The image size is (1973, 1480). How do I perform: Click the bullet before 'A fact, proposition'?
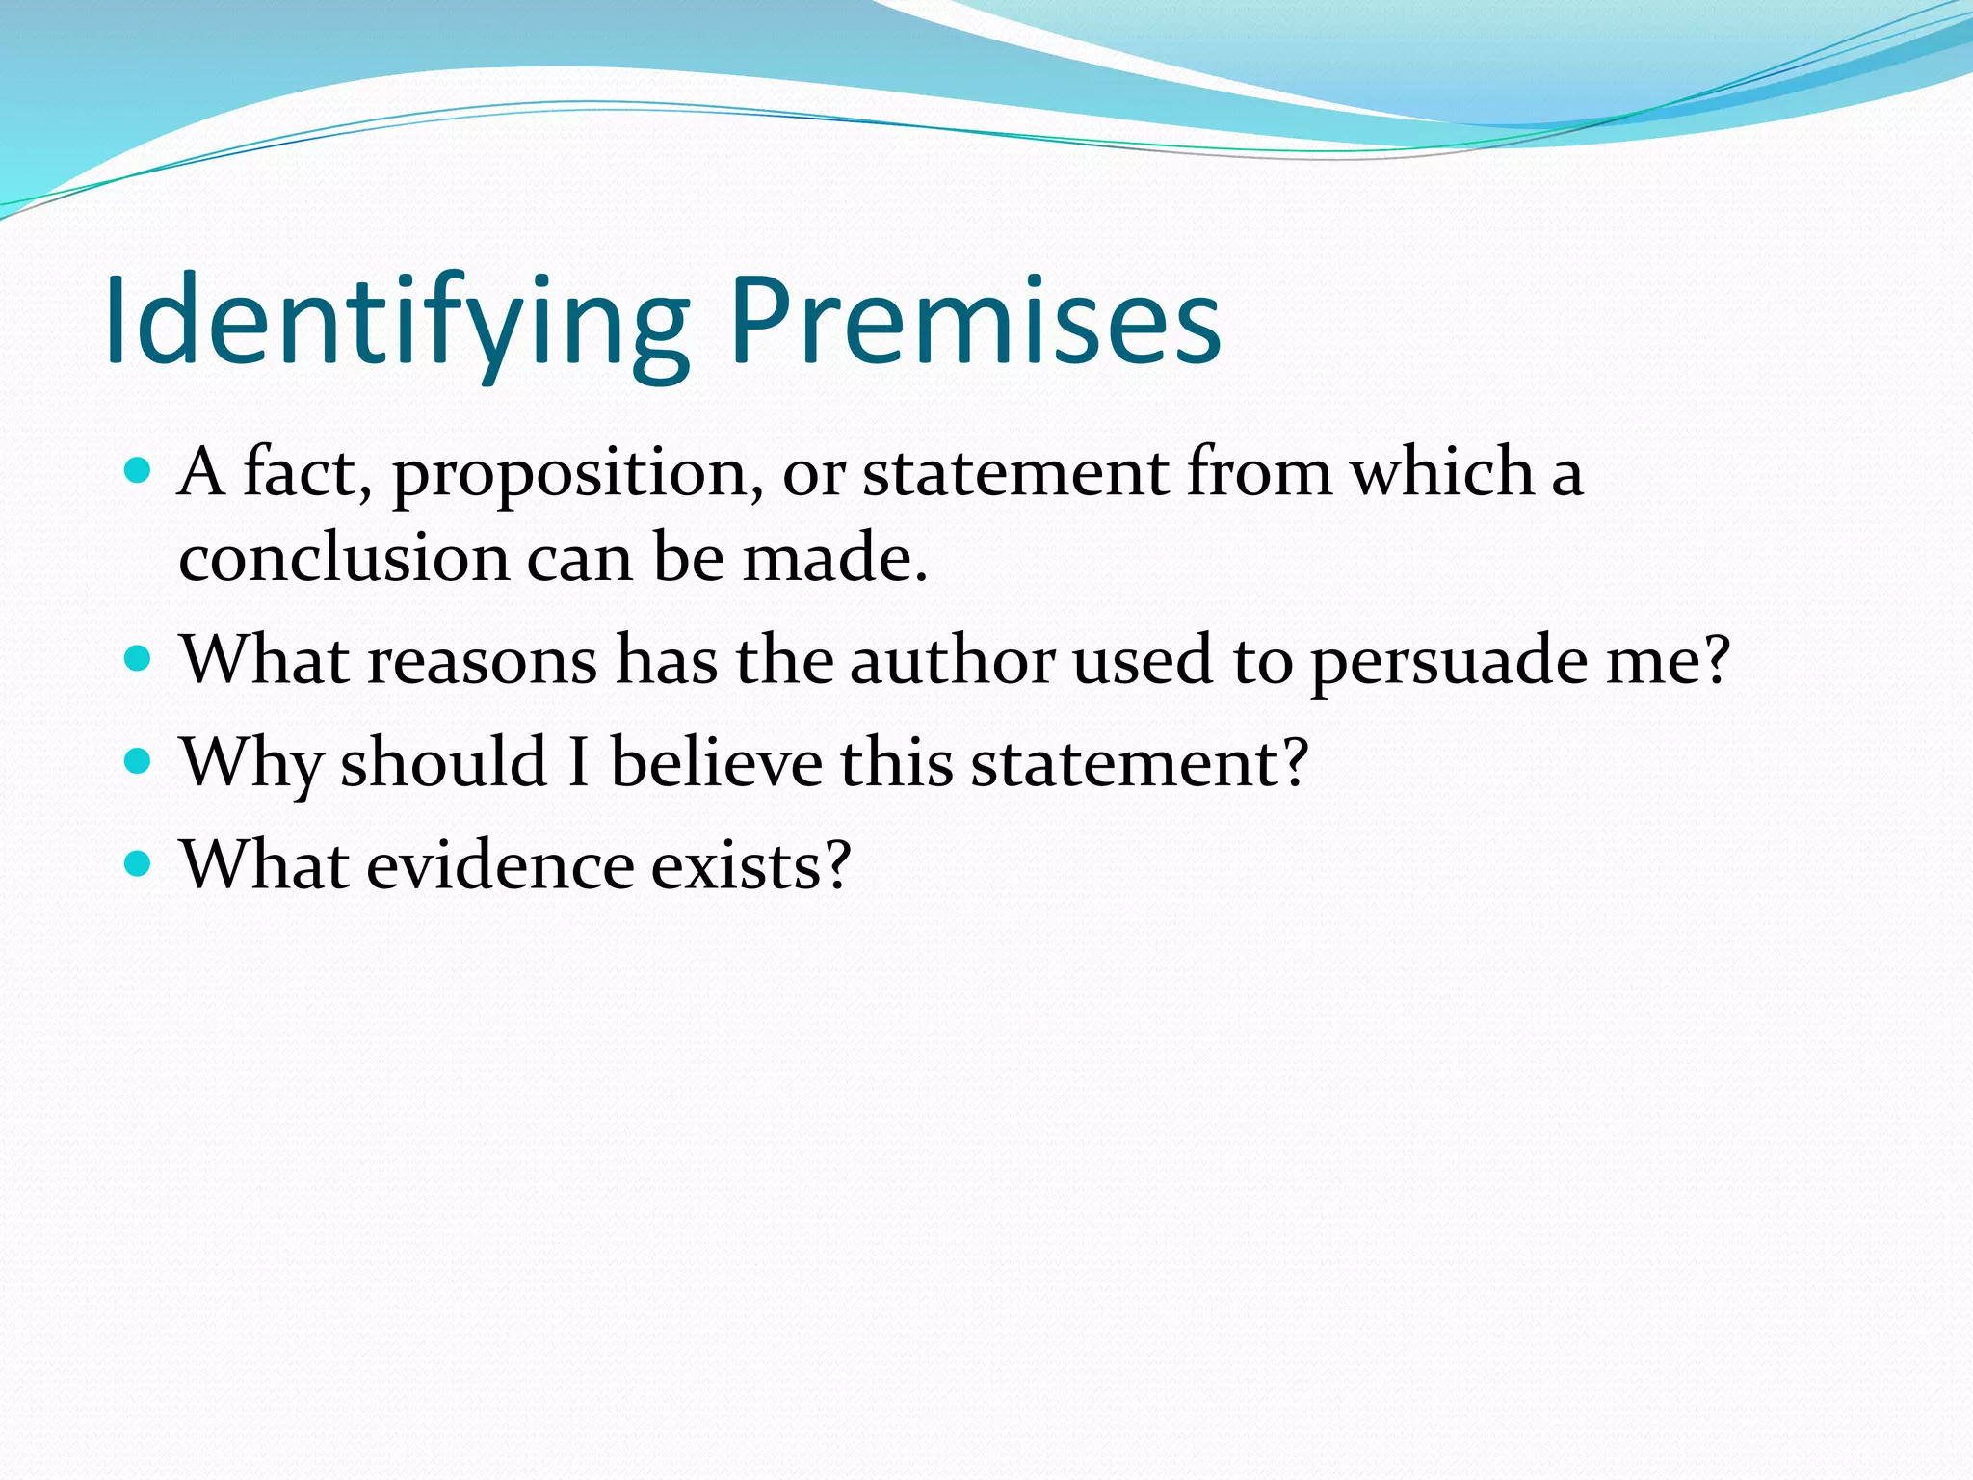tap(139, 471)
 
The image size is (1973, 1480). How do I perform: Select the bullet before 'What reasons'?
tap(139, 659)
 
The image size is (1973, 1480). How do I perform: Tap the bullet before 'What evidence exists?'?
tap(139, 863)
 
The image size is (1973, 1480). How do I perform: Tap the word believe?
tap(717, 762)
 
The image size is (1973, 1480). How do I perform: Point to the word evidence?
tap(500, 864)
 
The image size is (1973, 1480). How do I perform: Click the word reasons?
tap(483, 662)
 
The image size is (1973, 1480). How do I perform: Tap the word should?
tap(444, 762)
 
